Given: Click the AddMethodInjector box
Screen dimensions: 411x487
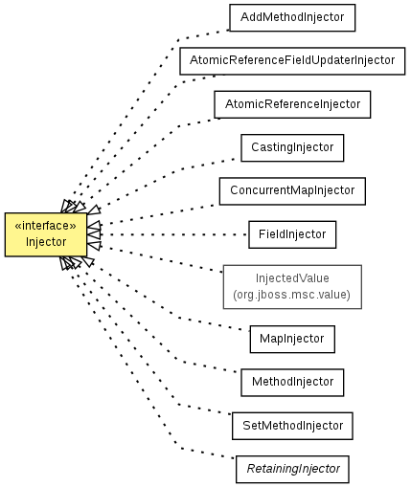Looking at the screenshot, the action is click(x=292, y=17).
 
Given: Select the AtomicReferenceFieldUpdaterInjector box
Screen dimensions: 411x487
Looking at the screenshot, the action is click(x=292, y=61).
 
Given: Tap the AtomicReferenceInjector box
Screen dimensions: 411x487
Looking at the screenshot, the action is click(x=292, y=104).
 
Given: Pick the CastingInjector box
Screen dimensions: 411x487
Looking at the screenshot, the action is click(x=292, y=147).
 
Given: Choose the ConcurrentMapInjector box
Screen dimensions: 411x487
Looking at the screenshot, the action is click(x=292, y=191).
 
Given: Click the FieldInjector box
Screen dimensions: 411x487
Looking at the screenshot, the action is click(x=292, y=234).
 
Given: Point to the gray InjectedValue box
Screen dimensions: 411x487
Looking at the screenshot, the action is click(x=292, y=287).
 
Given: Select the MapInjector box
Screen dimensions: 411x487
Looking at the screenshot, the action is click(x=292, y=339).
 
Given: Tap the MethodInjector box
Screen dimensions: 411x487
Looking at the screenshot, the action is click(x=292, y=383).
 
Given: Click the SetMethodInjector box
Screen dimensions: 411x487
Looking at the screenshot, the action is click(x=292, y=426).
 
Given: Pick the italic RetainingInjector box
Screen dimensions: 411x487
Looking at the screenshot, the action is click(x=292, y=469).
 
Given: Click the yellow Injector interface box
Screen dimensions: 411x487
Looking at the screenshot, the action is click(x=46, y=234).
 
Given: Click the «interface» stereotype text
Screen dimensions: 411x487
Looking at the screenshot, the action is click(x=46, y=226).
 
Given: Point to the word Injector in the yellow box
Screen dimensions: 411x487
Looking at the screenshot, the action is click(x=46, y=242).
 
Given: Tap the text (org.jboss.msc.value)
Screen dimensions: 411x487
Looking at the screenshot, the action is click(x=291, y=295).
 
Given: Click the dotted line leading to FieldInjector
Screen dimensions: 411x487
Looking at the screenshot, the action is click(x=174, y=234).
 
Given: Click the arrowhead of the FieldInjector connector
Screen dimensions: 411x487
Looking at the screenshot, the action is click(x=94, y=234).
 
